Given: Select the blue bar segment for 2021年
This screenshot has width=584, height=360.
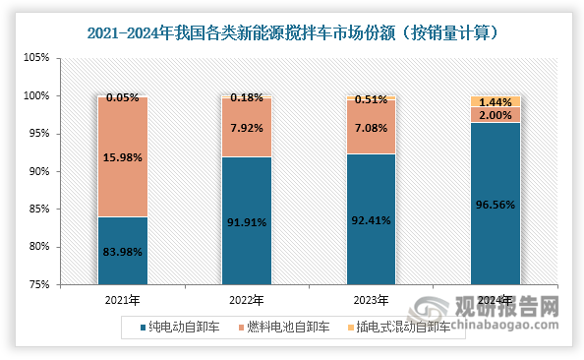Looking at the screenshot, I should [x=122, y=251].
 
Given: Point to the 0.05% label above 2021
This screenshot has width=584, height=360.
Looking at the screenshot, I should [x=122, y=97].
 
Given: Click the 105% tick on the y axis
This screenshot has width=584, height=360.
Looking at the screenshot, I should [x=35, y=58].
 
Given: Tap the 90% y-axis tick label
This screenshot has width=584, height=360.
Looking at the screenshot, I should [x=37, y=171].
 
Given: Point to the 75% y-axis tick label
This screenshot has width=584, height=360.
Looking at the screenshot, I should [x=37, y=284].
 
